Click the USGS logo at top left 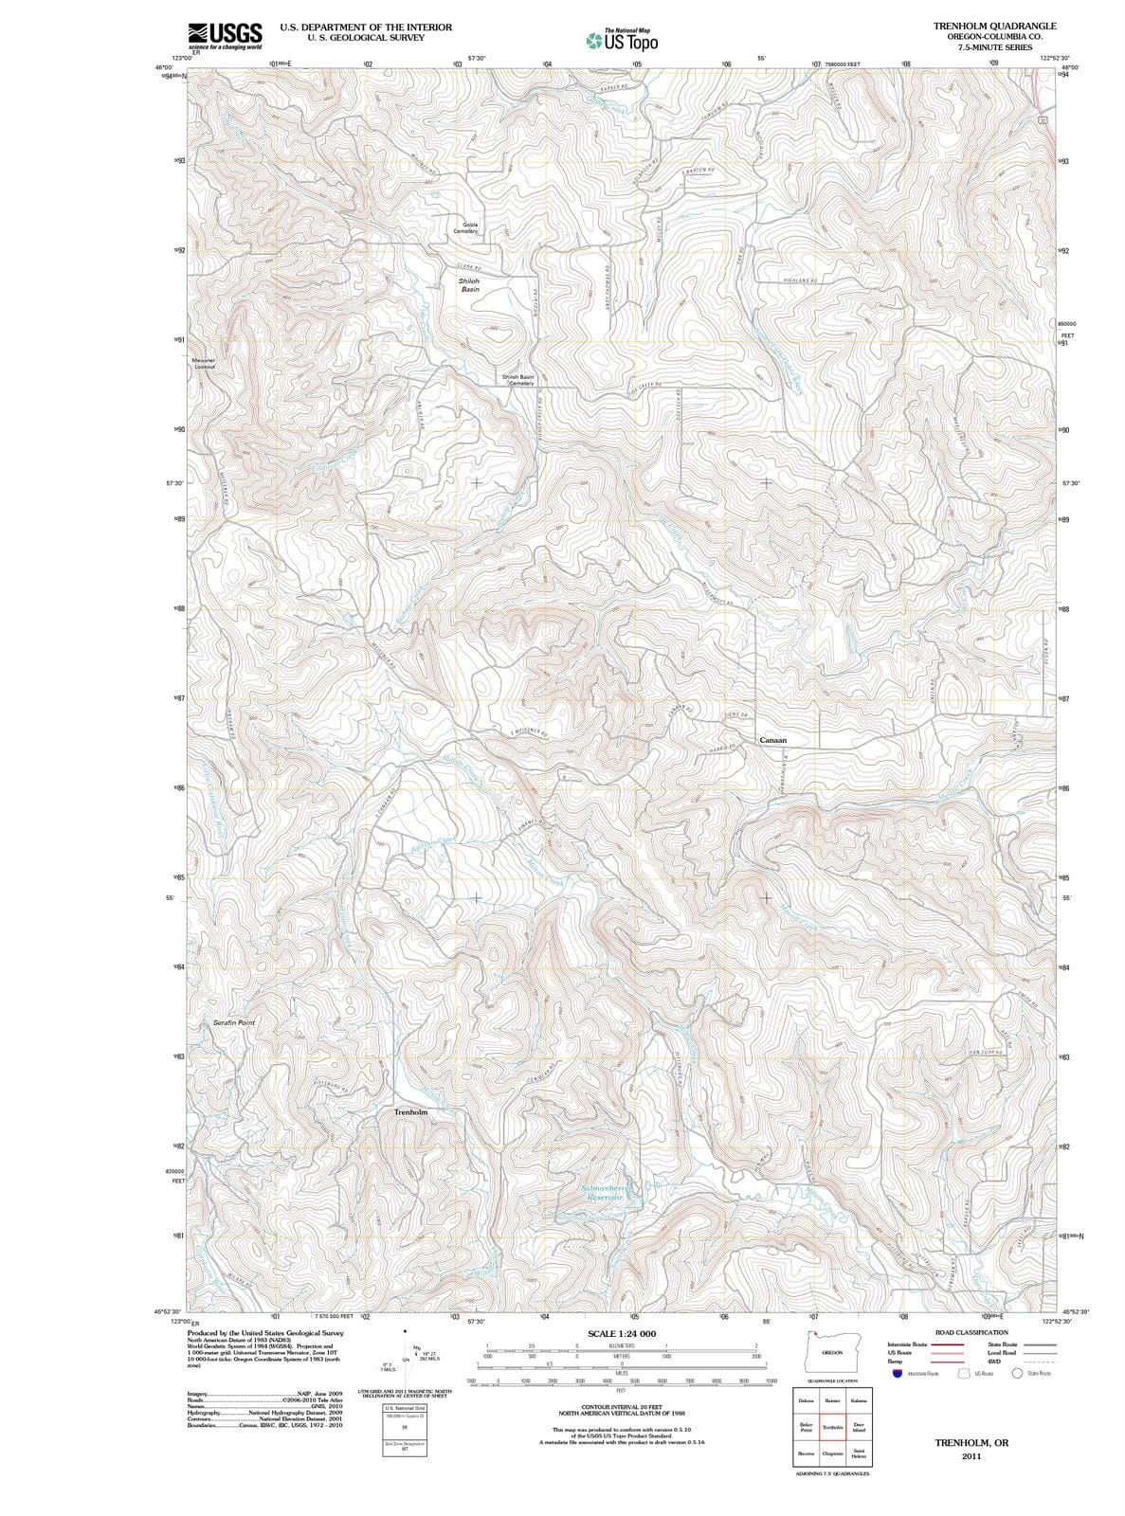point(226,35)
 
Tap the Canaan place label point(772,740)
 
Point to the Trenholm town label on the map point(410,1111)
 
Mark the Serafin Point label point(233,1023)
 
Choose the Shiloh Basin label point(469,285)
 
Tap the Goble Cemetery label point(465,228)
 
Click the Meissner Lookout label point(204,363)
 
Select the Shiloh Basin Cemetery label point(518,380)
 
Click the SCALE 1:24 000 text point(622,1334)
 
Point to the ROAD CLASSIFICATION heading point(971,1332)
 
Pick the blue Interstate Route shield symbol point(896,1373)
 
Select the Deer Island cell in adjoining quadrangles point(859,1427)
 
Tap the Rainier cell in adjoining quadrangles point(833,1400)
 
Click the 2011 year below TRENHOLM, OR point(971,1456)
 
